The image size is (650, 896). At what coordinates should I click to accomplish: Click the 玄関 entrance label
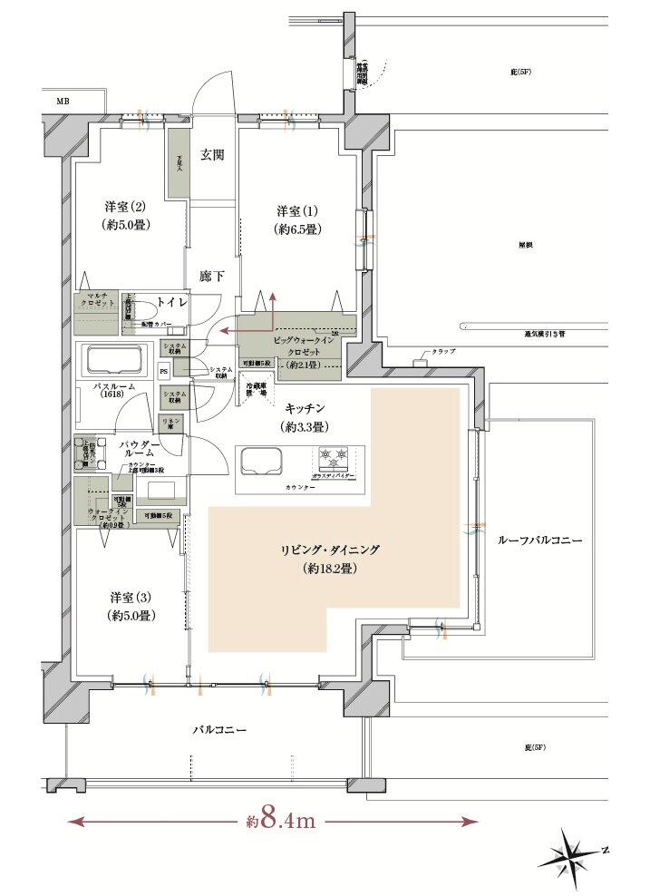[x=212, y=155]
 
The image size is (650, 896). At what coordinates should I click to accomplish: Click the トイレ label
[x=171, y=300]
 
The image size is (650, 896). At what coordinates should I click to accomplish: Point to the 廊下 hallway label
[x=212, y=276]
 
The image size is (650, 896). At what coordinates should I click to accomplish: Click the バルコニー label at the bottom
[x=218, y=729]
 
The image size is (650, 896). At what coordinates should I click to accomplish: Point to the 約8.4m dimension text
[x=280, y=822]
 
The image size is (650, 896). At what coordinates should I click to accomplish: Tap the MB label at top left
[x=63, y=102]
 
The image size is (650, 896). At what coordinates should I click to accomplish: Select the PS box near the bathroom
[x=164, y=370]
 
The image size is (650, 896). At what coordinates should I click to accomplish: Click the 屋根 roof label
[x=525, y=246]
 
